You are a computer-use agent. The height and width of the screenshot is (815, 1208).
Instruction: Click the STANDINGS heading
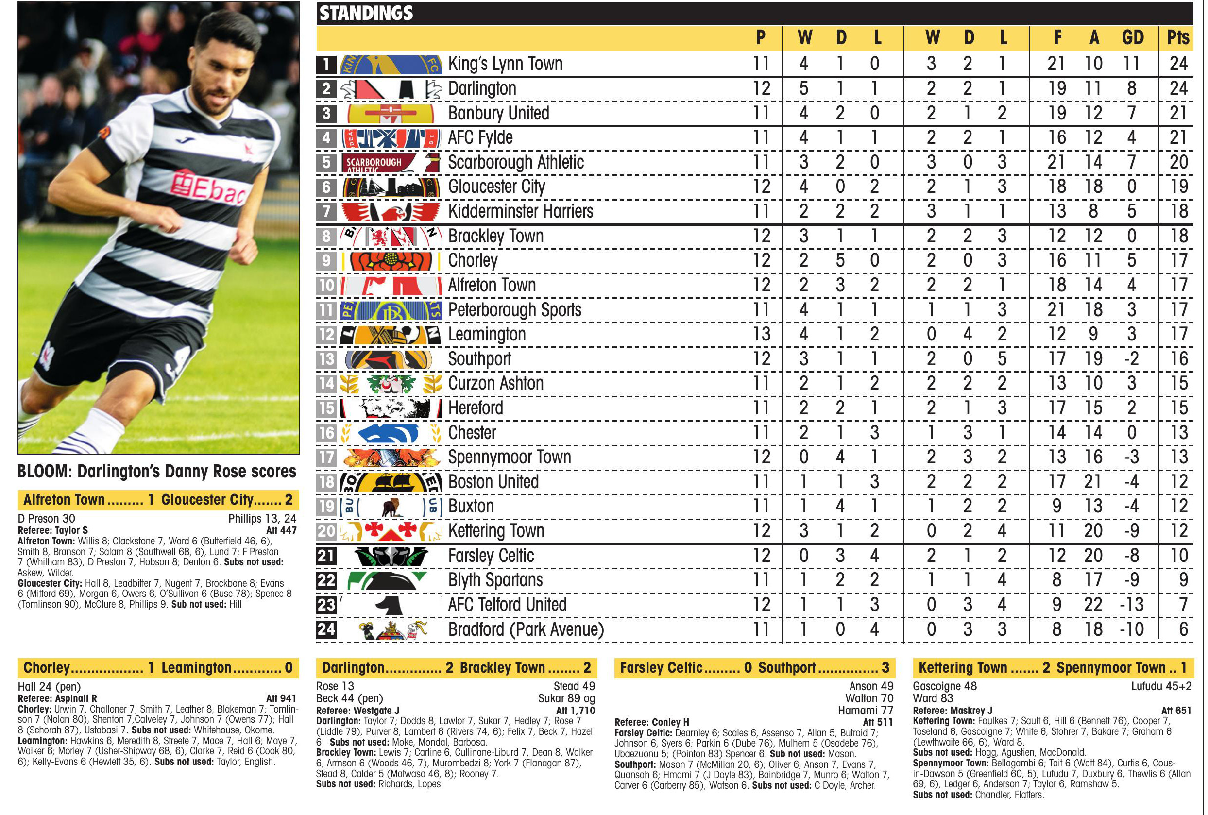(x=366, y=13)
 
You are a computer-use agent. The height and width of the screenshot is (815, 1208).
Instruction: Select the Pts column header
(x=1177, y=37)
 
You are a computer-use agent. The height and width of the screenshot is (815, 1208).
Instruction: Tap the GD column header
(x=1132, y=37)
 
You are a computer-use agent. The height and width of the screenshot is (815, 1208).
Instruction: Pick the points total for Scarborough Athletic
(x=1178, y=162)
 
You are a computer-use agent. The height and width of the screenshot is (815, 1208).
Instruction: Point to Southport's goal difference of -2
(x=1131, y=358)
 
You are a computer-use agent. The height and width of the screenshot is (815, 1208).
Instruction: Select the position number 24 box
(x=326, y=629)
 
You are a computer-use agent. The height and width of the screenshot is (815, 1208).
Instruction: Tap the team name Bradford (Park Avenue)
(x=526, y=629)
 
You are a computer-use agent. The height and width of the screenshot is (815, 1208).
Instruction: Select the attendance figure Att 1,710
(x=576, y=711)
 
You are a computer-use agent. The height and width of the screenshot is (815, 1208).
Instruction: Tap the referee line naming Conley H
(x=651, y=722)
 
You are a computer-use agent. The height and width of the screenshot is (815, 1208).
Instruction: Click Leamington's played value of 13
(x=761, y=334)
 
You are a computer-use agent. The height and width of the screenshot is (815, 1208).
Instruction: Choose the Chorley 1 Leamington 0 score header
(x=158, y=667)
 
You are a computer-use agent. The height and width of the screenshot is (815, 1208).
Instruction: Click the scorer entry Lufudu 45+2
(x=1161, y=686)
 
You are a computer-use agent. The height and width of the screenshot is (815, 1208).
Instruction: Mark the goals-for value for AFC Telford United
(x=1056, y=605)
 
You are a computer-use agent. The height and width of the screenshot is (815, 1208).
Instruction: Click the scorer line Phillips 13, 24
(x=262, y=518)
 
